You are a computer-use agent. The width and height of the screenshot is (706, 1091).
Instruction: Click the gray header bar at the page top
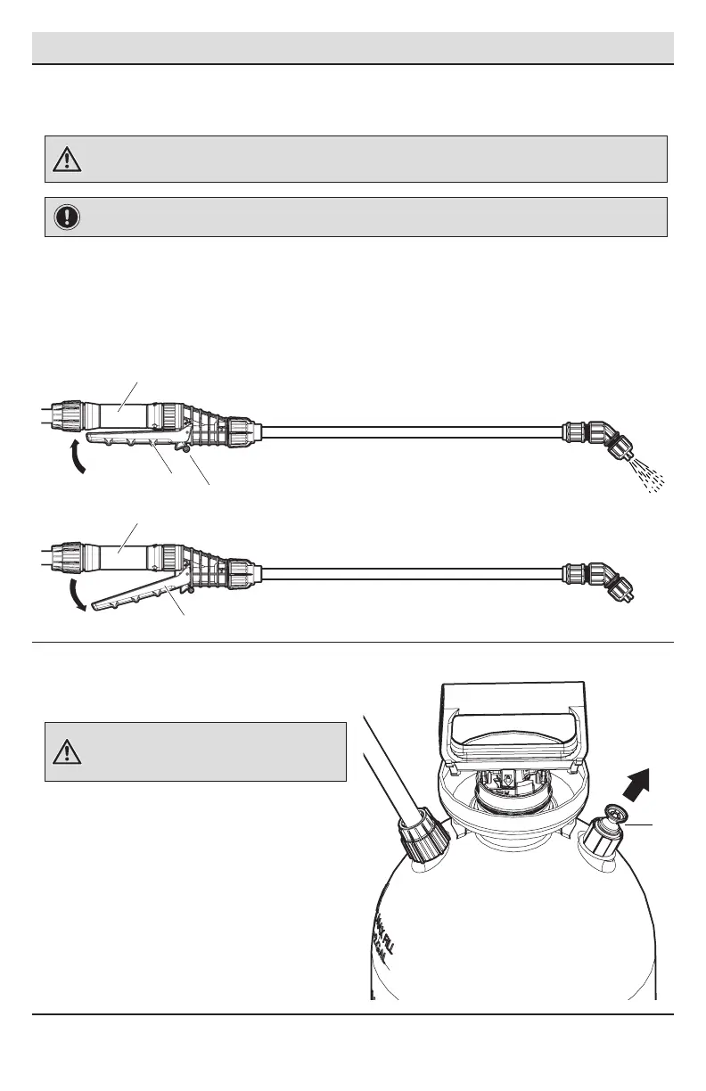[353, 47]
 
